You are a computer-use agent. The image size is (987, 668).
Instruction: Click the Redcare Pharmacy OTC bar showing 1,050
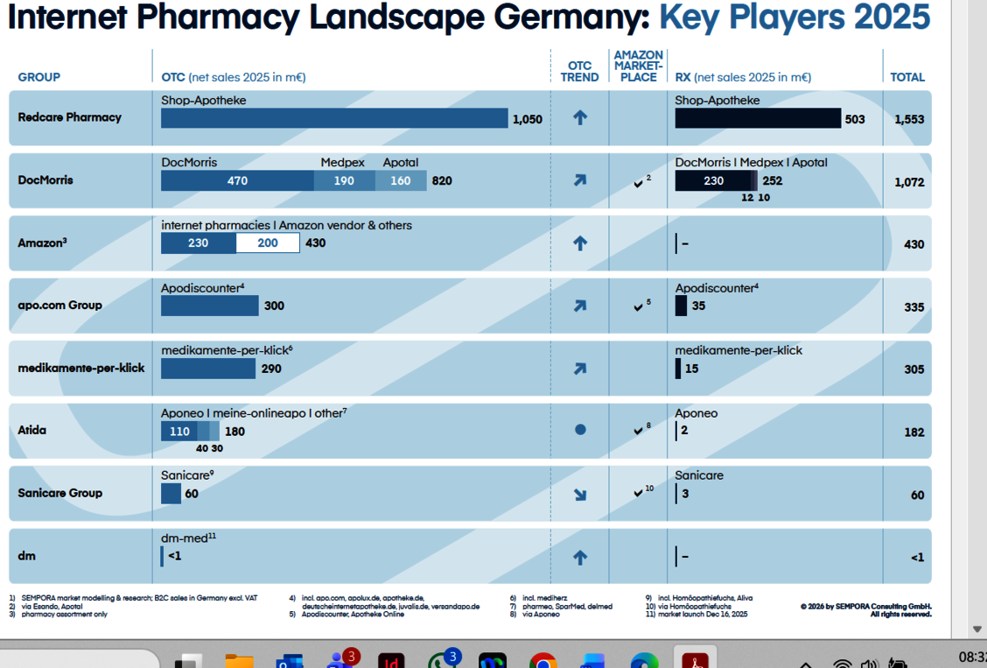334,118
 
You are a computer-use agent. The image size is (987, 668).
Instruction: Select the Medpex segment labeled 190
344,180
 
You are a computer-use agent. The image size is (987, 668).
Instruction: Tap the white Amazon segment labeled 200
268,243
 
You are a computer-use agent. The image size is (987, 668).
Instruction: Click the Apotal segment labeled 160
401,180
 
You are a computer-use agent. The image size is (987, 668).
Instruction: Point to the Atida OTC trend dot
579,430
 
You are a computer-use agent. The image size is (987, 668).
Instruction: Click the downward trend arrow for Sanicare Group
579,494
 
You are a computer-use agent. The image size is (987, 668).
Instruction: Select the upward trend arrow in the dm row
579,557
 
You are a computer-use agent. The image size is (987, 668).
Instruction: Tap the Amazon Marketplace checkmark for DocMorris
639,183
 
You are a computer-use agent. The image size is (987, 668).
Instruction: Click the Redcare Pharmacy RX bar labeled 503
758,118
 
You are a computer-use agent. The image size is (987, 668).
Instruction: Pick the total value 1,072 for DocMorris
909,182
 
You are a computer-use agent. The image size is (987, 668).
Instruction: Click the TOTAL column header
907,77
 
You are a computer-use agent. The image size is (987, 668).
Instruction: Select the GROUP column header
39,77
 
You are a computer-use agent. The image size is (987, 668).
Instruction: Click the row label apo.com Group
59,305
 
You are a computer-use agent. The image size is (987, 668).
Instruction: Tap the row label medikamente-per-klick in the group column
81,368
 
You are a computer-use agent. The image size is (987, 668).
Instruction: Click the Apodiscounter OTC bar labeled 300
210,306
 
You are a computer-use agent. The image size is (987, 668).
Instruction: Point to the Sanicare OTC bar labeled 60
171,494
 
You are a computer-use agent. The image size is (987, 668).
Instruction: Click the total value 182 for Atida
913,432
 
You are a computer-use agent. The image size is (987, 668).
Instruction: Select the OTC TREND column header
579,71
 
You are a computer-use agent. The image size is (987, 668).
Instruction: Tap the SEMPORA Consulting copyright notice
865,609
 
